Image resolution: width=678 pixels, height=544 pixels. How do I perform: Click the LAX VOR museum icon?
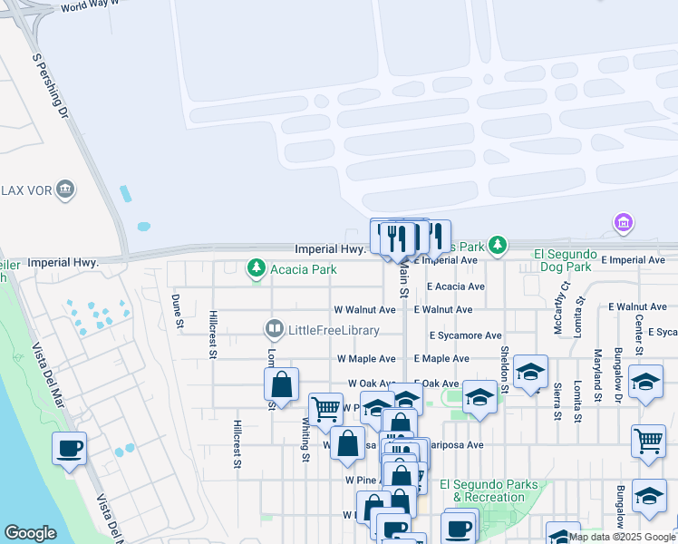pos(65,189)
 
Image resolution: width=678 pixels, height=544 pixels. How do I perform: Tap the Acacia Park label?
pos(304,269)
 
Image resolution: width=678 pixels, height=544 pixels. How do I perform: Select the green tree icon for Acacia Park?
pos(257,268)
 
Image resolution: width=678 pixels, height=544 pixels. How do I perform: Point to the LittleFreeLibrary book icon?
pos(273,327)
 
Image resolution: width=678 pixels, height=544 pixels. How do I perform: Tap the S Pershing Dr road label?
pos(50,86)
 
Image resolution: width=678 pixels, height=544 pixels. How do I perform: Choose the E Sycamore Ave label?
pos(466,335)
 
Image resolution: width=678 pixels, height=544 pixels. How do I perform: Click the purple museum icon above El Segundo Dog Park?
pos(622,222)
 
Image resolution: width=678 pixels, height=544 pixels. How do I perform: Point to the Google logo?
pos(30,533)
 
